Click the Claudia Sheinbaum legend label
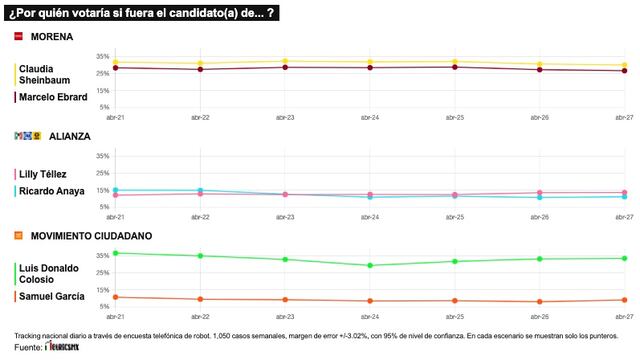coord(46,74)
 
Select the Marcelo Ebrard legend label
coord(52,97)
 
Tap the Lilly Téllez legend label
coord(46,173)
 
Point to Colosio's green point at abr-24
coord(370,265)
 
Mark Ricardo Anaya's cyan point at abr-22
coord(200,190)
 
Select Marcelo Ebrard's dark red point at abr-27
coord(625,71)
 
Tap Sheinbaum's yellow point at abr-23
coord(285,62)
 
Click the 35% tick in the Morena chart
coord(103,56)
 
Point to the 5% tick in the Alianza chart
coord(103,206)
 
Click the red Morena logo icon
coord(18,35)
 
